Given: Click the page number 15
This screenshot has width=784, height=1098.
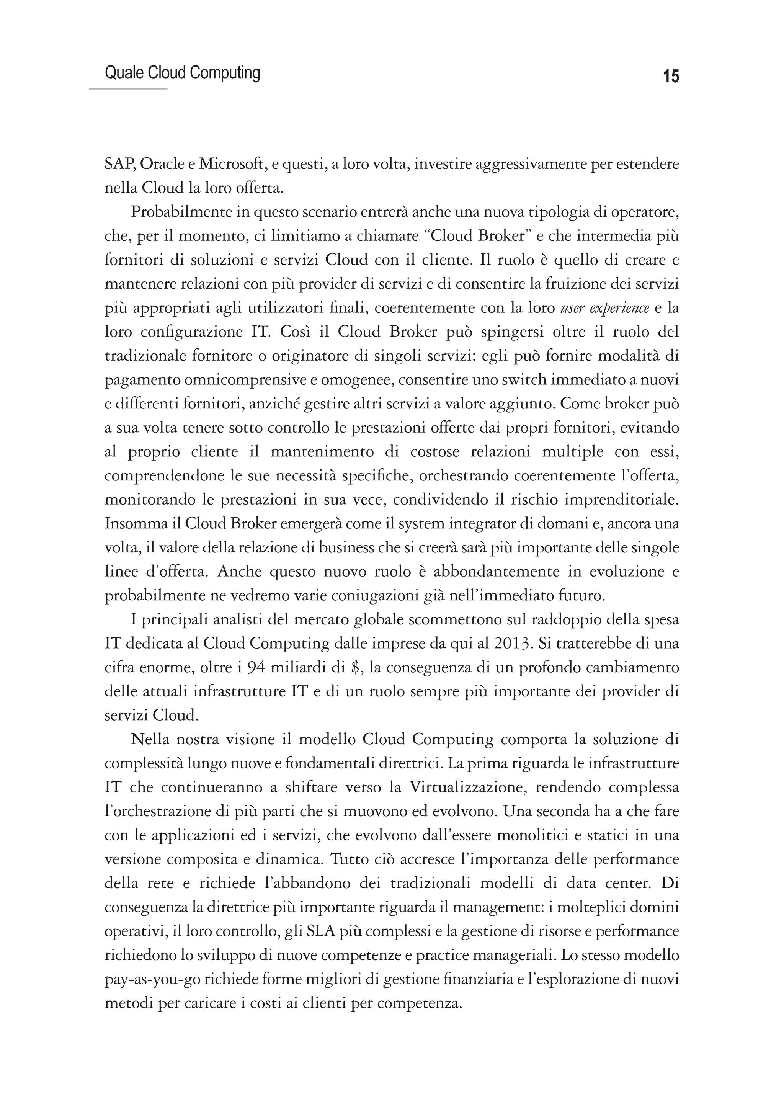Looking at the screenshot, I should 671,76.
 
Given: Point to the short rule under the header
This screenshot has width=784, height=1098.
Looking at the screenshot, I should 128,89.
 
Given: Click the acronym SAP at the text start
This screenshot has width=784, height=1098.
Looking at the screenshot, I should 119,165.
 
